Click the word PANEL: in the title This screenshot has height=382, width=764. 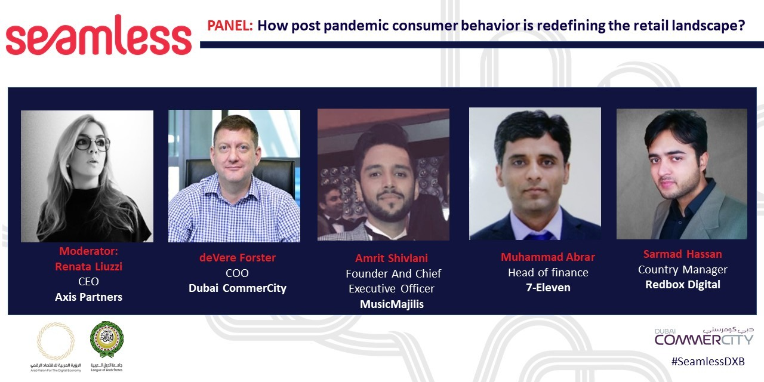[x=230, y=26]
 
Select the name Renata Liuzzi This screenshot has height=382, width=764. [x=88, y=266]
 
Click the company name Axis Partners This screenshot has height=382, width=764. [x=88, y=297]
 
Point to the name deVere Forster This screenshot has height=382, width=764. [x=238, y=258]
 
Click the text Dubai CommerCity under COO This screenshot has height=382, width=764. [x=238, y=288]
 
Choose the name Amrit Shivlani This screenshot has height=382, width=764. [x=392, y=258]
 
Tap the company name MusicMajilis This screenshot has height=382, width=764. [x=392, y=304]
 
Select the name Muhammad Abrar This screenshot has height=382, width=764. [x=548, y=257]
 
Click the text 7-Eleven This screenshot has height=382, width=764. [x=548, y=288]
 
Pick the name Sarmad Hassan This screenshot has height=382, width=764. [x=682, y=254]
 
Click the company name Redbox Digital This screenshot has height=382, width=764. [x=682, y=285]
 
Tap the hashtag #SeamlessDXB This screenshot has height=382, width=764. [x=707, y=362]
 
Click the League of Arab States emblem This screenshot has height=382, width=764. [x=107, y=340]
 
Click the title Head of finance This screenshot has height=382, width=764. [x=548, y=273]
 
